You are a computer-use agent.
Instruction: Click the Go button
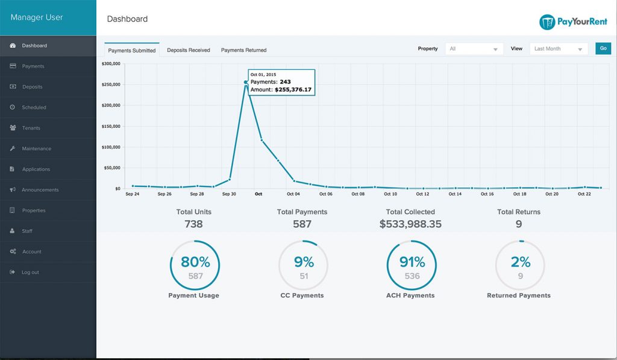(x=603, y=49)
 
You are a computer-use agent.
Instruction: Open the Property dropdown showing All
(x=474, y=49)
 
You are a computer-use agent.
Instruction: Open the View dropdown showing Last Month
(x=559, y=49)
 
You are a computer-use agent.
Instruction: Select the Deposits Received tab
(x=189, y=50)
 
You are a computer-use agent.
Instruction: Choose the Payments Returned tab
(x=243, y=50)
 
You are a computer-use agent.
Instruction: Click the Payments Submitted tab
(x=132, y=50)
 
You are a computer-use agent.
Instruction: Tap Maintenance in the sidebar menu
(x=37, y=148)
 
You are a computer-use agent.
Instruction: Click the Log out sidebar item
(x=30, y=272)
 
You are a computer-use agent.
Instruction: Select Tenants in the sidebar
(x=31, y=128)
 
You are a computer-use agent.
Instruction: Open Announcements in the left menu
(x=40, y=190)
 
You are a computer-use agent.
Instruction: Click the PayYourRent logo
(x=573, y=22)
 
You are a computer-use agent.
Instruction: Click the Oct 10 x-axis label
(x=390, y=194)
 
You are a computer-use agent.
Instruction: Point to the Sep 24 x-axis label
(x=132, y=194)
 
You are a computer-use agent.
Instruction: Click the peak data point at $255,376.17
(x=246, y=82)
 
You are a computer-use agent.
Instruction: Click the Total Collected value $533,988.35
(x=410, y=224)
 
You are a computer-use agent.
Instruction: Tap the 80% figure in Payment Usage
(x=195, y=262)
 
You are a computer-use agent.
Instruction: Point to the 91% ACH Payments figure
(x=412, y=262)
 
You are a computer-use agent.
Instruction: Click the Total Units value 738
(x=193, y=224)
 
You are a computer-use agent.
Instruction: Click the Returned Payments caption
(x=518, y=295)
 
